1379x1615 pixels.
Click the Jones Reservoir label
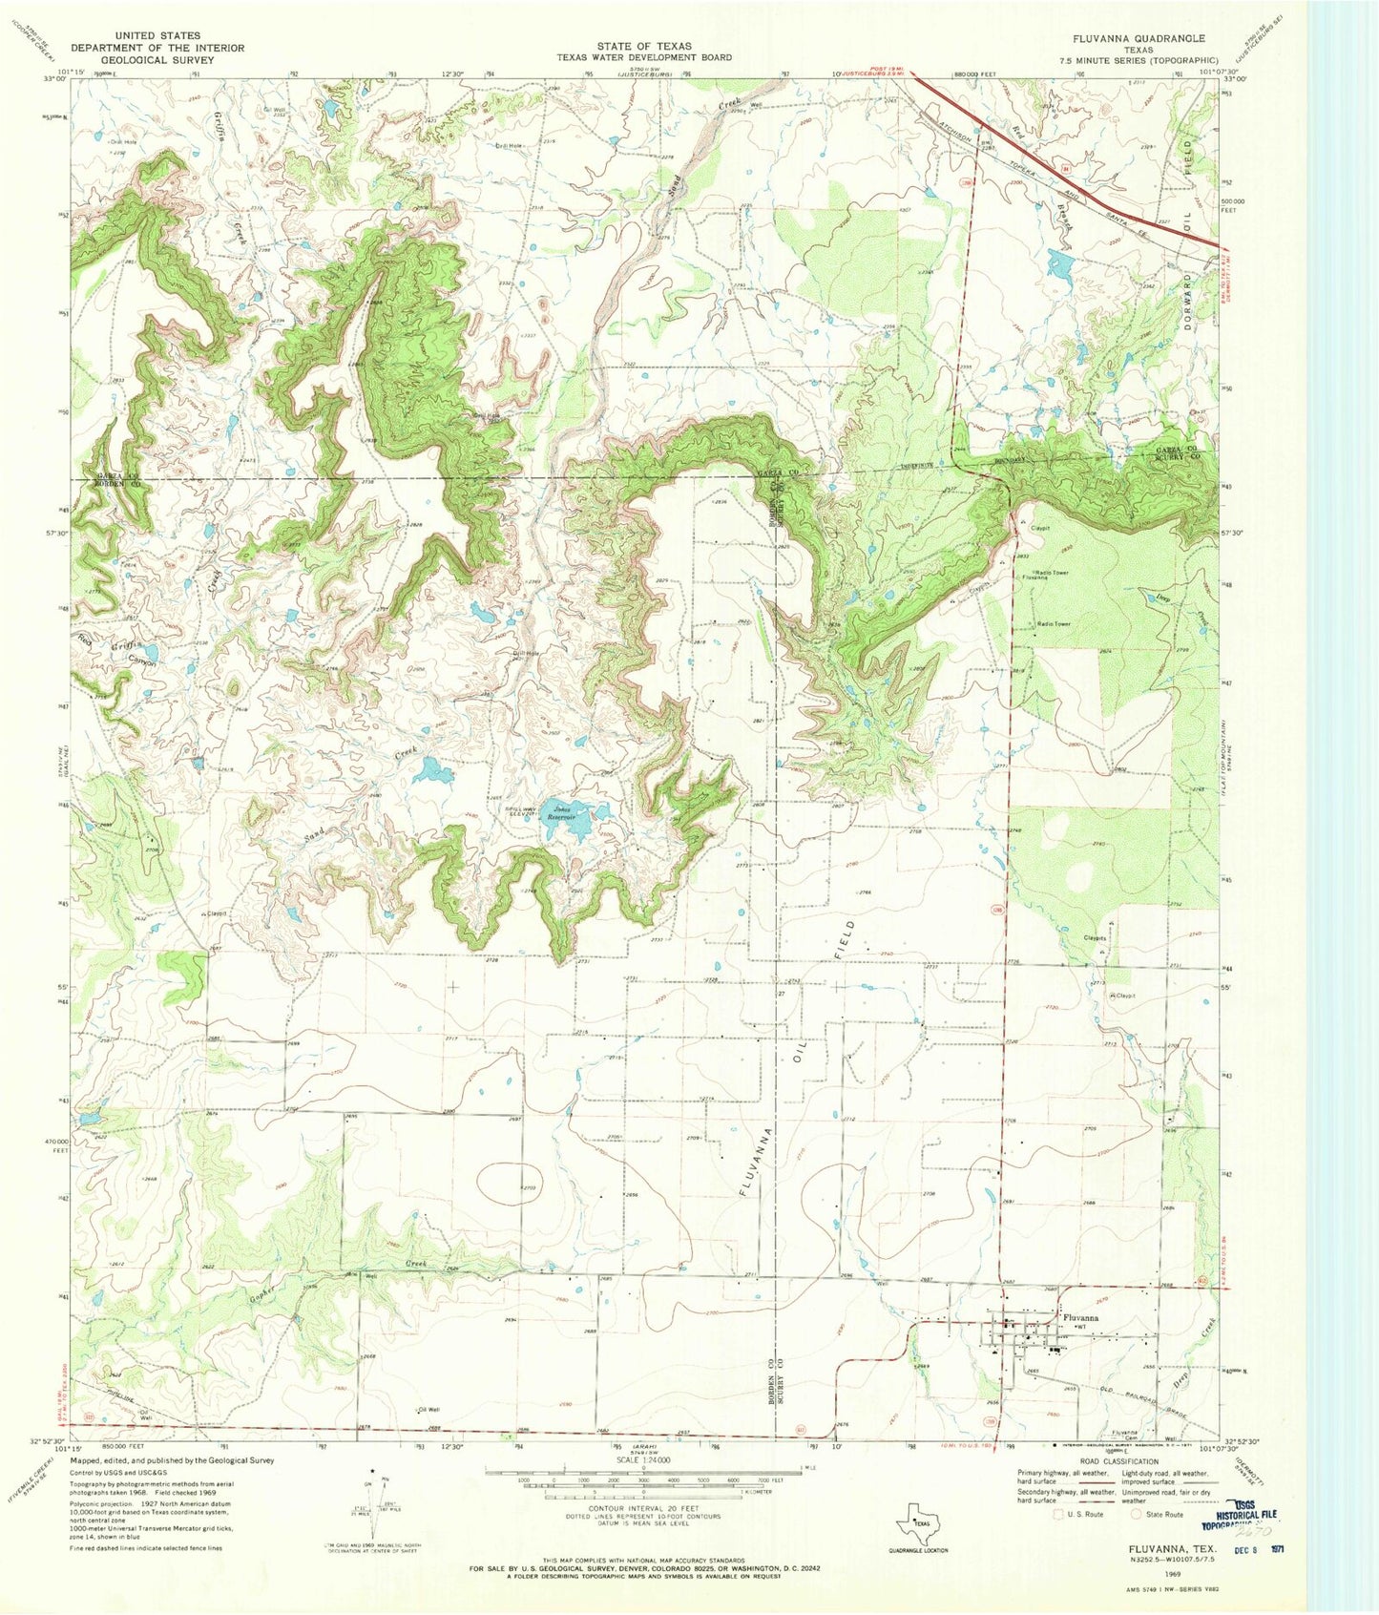560,814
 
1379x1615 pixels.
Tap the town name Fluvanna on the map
1079,1317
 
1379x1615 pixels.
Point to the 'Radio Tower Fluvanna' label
1046,575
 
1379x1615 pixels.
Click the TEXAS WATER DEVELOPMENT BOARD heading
644,57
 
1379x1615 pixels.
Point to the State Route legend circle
1137,1513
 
